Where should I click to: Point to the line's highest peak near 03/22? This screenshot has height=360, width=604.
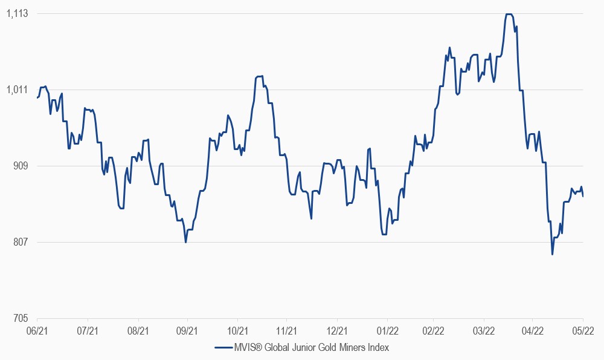509,14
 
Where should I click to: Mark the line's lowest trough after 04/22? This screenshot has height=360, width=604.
552,254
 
